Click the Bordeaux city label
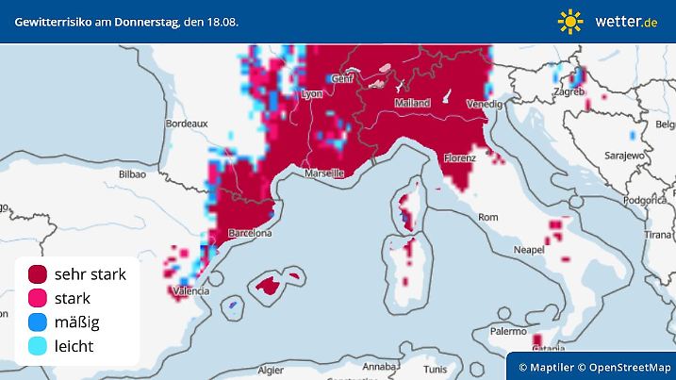[186, 124]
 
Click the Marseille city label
[324, 174]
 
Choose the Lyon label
[310, 93]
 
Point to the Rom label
[487, 217]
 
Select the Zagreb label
[569, 92]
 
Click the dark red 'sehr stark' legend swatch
[38, 274]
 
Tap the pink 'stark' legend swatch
[38, 299]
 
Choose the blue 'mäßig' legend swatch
[38, 322]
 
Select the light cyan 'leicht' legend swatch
[38, 347]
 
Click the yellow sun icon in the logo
[570, 21]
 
